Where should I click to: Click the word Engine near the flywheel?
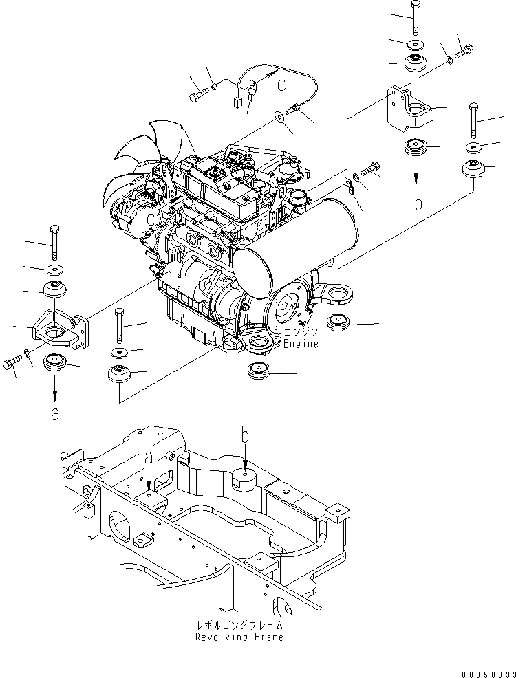point(301,343)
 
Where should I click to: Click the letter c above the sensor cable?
point(281,85)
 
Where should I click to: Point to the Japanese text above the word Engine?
point(301,333)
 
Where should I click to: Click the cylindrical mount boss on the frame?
point(246,479)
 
